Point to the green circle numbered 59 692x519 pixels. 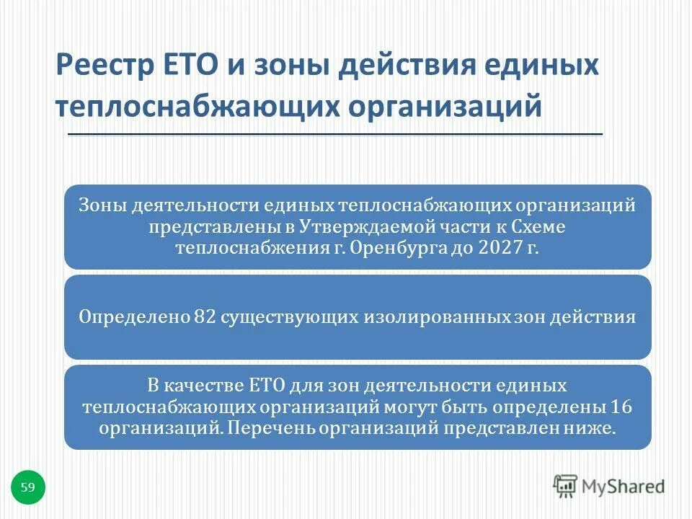(x=28, y=488)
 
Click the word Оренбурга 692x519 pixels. (x=403, y=247)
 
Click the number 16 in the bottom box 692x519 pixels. (x=621, y=407)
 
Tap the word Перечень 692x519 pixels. (x=260, y=427)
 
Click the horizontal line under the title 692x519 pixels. (x=335, y=135)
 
